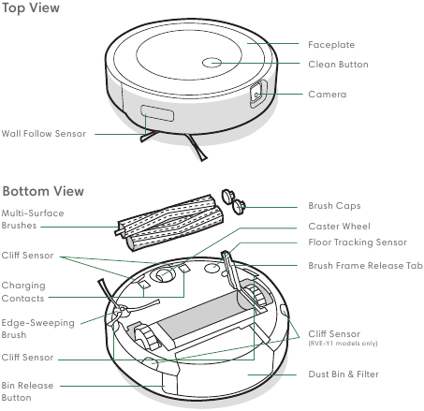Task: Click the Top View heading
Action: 31,8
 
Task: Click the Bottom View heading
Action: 43,191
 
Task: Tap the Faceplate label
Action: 331,44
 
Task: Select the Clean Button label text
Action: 339,65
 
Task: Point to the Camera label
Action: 328,95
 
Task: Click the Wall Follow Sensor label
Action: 44,134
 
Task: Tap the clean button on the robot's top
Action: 212,64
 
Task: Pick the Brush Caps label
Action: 334,206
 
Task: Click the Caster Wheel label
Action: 340,227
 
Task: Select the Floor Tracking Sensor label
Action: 358,242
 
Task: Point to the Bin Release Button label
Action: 28,391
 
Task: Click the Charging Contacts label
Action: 23,291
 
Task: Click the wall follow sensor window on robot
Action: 157,115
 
